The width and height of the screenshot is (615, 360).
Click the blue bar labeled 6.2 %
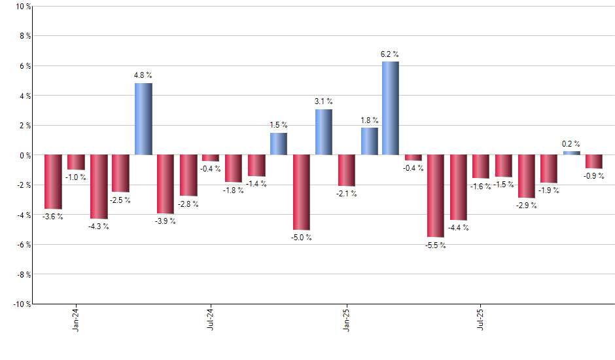tap(391, 109)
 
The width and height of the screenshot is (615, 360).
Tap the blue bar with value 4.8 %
tap(143, 119)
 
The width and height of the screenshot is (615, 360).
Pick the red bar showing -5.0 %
tap(301, 192)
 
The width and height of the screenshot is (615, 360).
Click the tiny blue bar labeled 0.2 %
tap(571, 153)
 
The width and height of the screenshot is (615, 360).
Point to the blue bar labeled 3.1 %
tap(323, 132)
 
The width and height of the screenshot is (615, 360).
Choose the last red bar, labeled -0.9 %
tap(594, 162)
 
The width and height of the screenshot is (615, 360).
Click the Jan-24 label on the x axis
tap(76, 319)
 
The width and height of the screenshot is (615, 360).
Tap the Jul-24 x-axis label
tap(211, 319)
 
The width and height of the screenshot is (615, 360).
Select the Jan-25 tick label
tap(346, 319)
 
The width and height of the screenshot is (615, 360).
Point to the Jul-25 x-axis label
tap(481, 319)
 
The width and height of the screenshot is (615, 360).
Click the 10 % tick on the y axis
tap(22, 7)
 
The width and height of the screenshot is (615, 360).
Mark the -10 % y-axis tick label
tap(21, 304)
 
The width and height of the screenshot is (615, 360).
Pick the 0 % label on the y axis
tap(24, 155)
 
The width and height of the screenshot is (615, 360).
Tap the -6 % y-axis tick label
tap(23, 244)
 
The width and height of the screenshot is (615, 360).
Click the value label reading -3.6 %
tap(53, 216)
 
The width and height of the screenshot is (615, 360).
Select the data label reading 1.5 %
tap(279, 125)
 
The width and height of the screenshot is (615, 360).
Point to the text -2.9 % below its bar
tap(526, 206)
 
